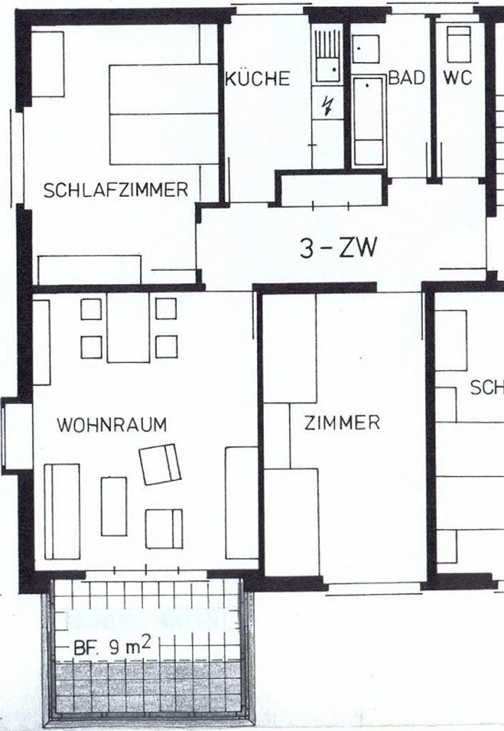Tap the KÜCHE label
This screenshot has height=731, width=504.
click(x=258, y=78)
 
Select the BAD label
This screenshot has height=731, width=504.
click(x=406, y=78)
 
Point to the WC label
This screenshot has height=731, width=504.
click(x=458, y=78)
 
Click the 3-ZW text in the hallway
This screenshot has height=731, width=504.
click(x=338, y=248)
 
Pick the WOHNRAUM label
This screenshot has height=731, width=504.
click(x=112, y=425)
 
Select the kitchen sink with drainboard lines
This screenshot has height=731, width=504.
click(x=328, y=56)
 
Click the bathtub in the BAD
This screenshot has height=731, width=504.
click(x=368, y=121)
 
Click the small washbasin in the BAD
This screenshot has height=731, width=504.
click(x=365, y=49)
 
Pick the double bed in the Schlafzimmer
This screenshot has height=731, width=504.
click(x=164, y=114)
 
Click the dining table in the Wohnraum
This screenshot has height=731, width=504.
click(x=128, y=328)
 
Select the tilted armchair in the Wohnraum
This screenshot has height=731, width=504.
click(x=160, y=464)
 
